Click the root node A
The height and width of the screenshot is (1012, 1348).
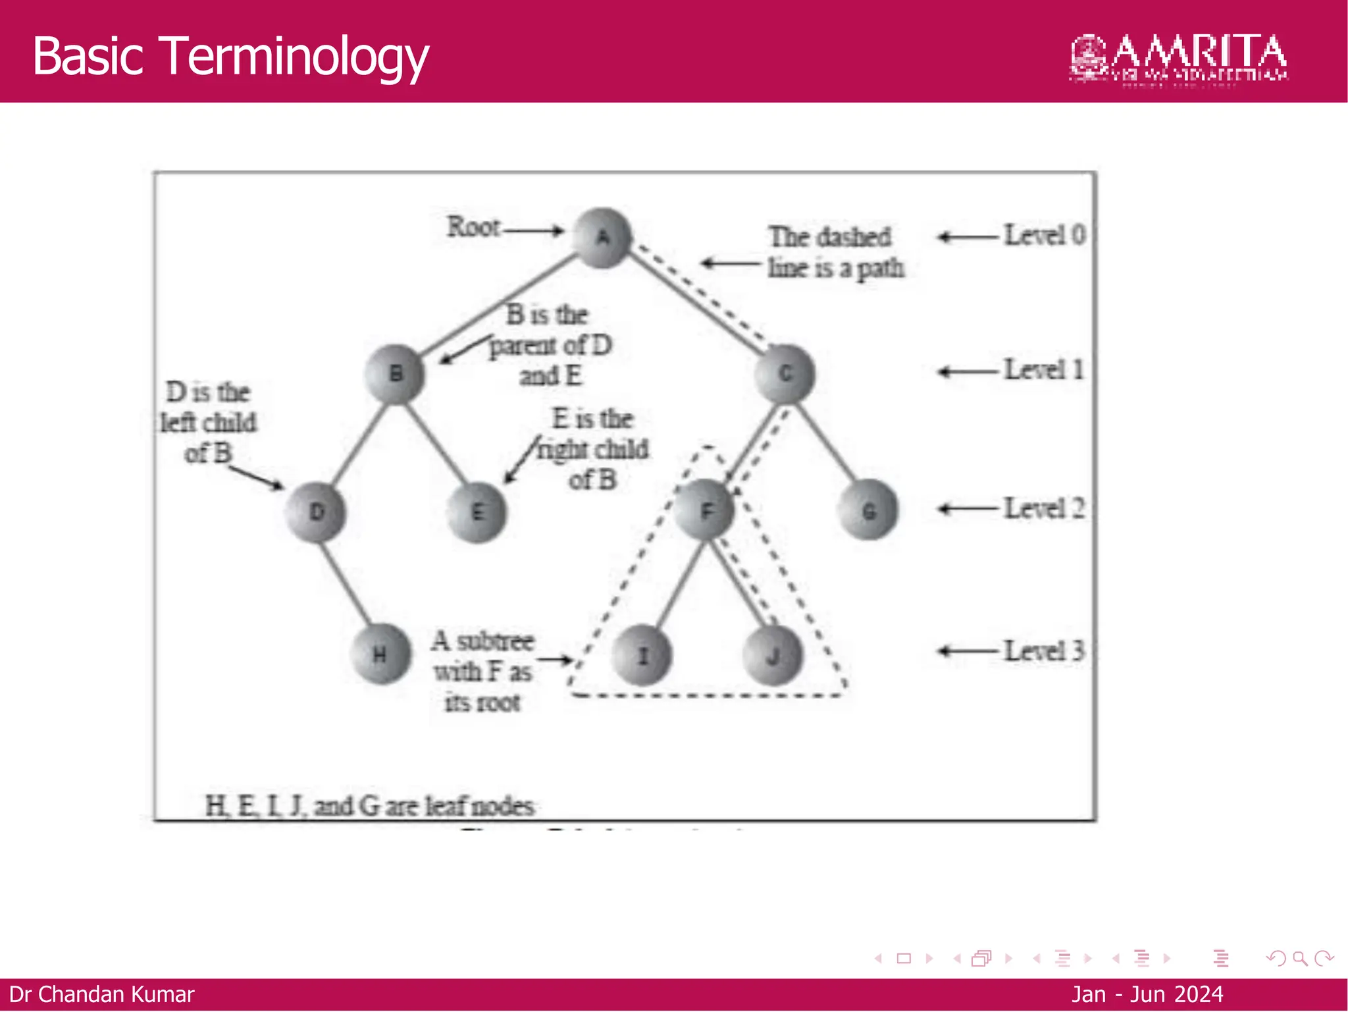tap(602, 238)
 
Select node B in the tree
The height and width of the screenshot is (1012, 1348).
tap(395, 374)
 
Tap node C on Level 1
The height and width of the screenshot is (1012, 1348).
tap(785, 374)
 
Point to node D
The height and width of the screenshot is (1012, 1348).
tap(316, 512)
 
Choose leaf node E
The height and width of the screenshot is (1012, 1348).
tap(477, 512)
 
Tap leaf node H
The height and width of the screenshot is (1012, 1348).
tap(380, 654)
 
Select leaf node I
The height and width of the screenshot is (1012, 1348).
tap(642, 655)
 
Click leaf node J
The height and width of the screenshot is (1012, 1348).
tap(772, 655)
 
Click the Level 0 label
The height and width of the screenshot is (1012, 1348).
tap(1045, 235)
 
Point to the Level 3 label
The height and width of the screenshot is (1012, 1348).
tap(1044, 651)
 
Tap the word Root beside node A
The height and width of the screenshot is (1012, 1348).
tap(473, 227)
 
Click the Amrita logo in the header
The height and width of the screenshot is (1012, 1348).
tap(1178, 58)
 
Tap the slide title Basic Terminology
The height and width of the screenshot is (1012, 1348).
tap(230, 57)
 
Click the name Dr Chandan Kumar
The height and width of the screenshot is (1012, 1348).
tap(102, 994)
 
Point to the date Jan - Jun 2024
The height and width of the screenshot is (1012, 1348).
tap(1147, 994)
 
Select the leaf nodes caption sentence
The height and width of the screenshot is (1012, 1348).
tap(369, 806)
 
